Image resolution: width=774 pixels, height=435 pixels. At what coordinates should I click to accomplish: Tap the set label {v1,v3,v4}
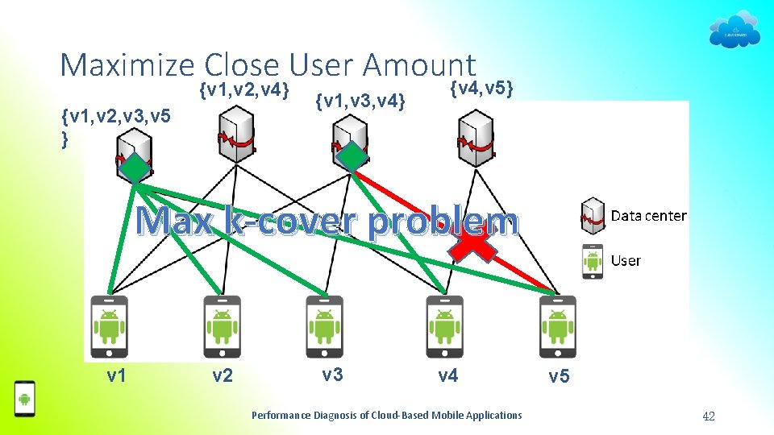click(360, 101)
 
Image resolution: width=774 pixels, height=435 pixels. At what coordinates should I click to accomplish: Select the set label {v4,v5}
click(482, 86)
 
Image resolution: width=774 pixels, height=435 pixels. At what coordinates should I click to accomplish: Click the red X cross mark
click(472, 240)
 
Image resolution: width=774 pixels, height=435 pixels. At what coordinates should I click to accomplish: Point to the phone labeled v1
click(110, 326)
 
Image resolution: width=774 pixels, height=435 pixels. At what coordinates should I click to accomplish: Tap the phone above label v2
click(222, 326)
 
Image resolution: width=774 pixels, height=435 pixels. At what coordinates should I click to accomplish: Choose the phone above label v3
click(325, 326)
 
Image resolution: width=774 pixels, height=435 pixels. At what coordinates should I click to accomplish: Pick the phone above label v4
click(444, 326)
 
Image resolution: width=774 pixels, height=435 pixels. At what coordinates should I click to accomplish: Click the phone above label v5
click(557, 326)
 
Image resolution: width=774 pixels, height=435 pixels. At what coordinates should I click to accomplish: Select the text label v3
click(332, 374)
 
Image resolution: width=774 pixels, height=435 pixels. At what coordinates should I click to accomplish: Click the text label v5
click(559, 375)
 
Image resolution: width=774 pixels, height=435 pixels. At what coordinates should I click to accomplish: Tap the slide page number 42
click(709, 416)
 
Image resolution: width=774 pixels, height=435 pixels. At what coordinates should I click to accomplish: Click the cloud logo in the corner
click(734, 29)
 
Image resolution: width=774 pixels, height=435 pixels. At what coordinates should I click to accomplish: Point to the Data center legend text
click(648, 216)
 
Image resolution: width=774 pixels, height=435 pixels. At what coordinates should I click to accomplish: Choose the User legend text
click(626, 261)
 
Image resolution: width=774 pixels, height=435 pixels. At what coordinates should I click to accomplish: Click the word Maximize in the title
click(127, 64)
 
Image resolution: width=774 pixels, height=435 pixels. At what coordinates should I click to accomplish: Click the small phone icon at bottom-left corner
click(25, 398)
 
